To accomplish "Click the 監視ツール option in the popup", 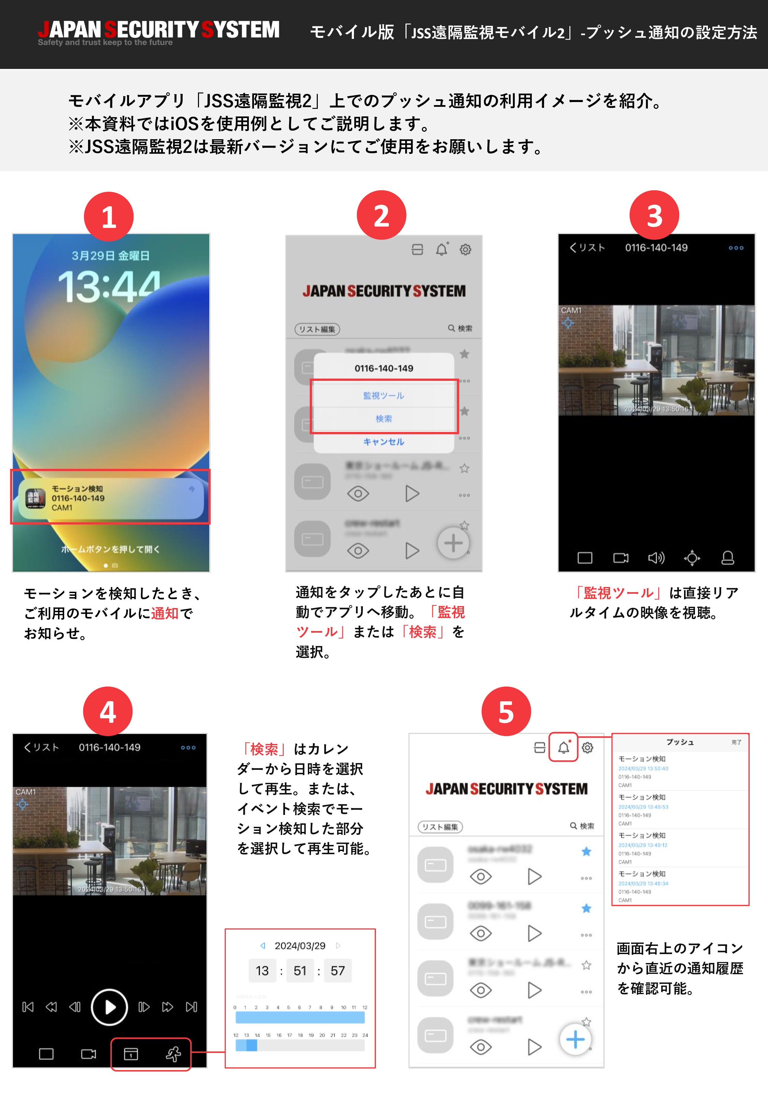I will [384, 395].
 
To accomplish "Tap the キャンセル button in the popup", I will [384, 442].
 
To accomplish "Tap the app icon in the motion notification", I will [35, 498].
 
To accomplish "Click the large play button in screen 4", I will [109, 1007].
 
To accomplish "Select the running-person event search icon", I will [173, 1054].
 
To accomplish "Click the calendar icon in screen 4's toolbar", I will [131, 1054].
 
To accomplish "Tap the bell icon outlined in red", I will [564, 747].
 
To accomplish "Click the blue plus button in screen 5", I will [575, 1039].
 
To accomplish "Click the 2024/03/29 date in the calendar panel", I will [300, 946].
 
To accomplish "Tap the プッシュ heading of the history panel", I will [680, 742].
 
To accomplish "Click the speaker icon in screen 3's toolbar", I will [656, 558].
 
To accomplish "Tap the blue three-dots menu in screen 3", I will [736, 248].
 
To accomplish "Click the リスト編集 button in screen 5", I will [440, 827].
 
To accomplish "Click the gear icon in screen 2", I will [465, 249].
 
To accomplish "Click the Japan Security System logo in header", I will [159, 32].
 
